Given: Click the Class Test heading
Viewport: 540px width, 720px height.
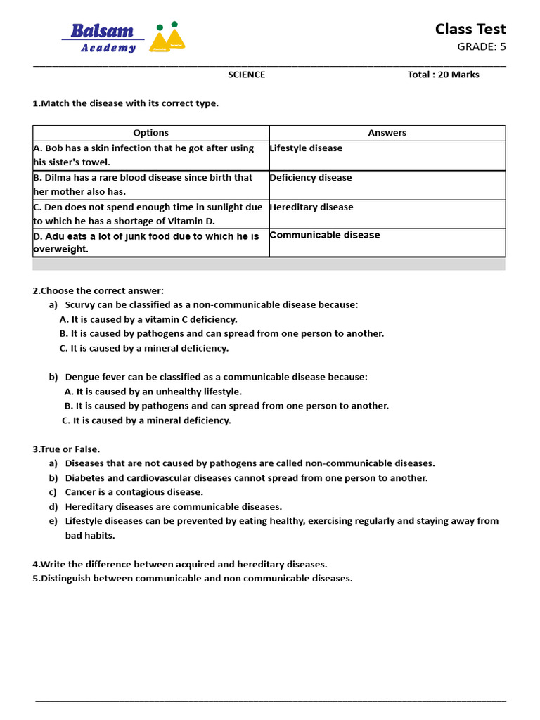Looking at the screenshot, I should coord(470,29).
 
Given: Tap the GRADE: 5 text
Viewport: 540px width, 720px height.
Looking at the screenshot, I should coord(481,47).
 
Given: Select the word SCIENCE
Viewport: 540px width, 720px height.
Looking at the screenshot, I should coord(246,75).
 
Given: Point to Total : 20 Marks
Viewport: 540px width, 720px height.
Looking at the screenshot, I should coord(443,75).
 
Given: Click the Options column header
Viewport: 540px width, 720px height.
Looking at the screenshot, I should coord(150,133).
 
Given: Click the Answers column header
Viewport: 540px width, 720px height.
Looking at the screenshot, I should coord(387,133).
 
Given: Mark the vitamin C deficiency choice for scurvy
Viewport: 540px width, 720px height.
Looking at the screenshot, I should coord(148,319).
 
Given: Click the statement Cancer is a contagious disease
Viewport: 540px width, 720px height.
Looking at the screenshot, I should coord(134,492).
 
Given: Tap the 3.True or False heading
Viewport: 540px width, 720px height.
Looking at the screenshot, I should coord(66,449).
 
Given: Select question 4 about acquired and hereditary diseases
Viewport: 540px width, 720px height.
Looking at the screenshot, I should coord(179,564).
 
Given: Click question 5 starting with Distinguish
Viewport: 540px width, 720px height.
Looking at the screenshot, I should coord(192,579).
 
